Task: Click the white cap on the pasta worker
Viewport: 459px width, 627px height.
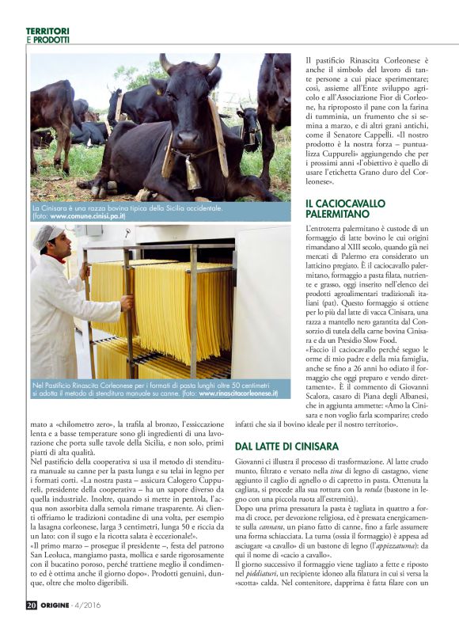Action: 51,233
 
